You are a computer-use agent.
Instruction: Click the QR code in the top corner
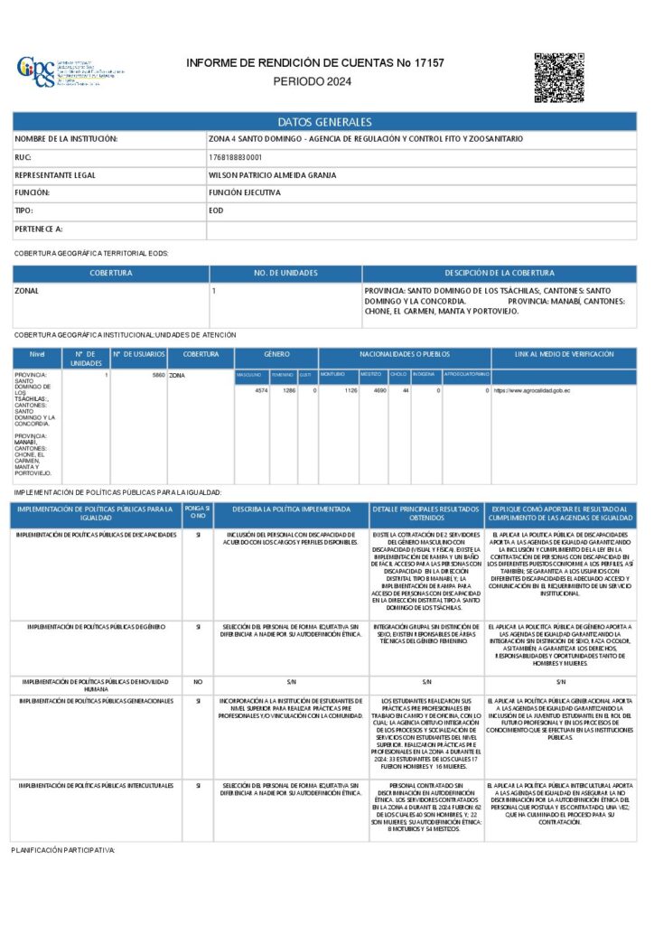click(x=559, y=78)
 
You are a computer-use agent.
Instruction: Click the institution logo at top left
click(x=36, y=72)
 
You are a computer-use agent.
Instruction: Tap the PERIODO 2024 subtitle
click(x=312, y=81)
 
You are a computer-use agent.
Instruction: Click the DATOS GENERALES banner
click(x=324, y=122)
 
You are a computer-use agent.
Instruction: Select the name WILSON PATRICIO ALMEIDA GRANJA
click(x=265, y=175)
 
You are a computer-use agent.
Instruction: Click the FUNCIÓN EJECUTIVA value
click(x=244, y=193)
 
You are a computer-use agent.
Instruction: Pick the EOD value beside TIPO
click(x=216, y=210)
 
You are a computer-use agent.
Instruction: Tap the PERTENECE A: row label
click(x=39, y=229)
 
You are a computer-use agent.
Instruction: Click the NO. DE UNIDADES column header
click(x=285, y=273)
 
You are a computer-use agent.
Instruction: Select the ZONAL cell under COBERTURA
click(x=26, y=292)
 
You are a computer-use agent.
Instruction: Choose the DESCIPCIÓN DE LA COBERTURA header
click(x=499, y=273)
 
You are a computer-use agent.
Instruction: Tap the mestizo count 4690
click(x=380, y=391)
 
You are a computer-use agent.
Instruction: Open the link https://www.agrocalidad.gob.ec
click(x=532, y=391)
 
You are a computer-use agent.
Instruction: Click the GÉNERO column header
click(x=276, y=355)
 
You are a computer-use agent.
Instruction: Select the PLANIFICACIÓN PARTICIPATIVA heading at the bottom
click(x=63, y=851)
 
